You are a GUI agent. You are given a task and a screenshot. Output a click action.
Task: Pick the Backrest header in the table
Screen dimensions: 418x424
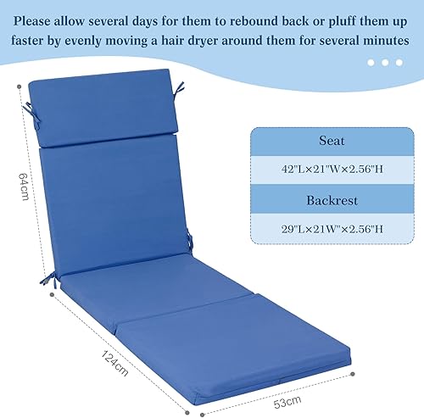click(x=326, y=201)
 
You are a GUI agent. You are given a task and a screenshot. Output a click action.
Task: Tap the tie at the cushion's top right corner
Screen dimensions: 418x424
click(x=180, y=87)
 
